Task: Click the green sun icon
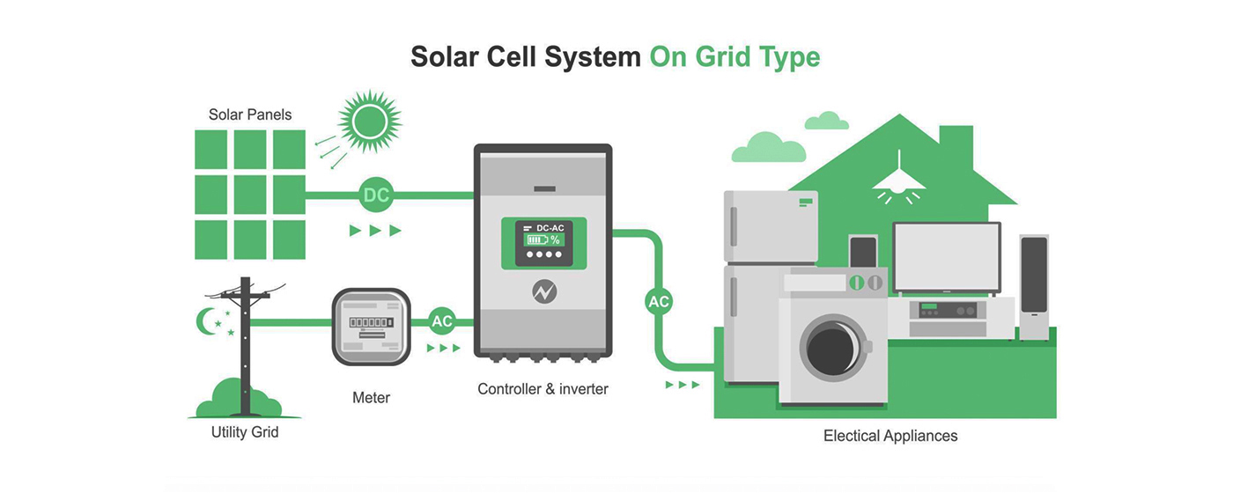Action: (369, 122)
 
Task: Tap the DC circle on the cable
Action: (376, 195)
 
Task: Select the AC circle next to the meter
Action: (442, 321)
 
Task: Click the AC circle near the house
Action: (659, 302)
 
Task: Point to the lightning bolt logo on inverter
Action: (543, 291)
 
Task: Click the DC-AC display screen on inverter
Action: (543, 243)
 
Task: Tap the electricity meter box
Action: (371, 327)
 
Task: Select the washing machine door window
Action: (831, 348)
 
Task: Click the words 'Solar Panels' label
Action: (250, 114)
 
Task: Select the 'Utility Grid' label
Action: (245, 432)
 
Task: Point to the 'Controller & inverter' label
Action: (543, 388)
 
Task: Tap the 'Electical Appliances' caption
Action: (890, 436)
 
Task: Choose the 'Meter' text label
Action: (371, 398)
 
